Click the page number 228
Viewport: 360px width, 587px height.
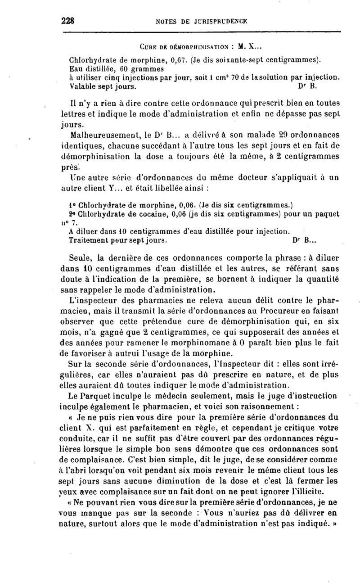(x=67, y=20)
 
